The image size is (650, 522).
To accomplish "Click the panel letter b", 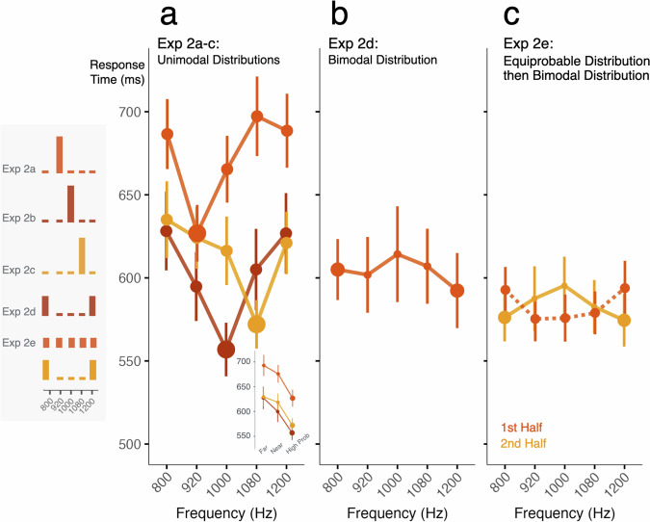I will [339, 15].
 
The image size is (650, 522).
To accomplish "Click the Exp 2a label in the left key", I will [19, 170].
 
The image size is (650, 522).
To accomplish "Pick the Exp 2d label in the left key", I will [19, 310].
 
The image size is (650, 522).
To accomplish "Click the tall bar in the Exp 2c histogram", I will [82, 254].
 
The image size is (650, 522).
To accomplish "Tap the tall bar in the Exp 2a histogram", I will [59, 155].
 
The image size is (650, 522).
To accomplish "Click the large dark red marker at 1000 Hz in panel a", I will [226, 349].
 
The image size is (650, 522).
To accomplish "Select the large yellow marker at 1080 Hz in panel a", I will [256, 325].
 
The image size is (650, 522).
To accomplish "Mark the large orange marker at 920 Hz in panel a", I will [196, 233].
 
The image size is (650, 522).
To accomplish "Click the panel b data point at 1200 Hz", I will [456, 290].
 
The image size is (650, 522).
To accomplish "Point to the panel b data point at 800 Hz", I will [337, 270].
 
